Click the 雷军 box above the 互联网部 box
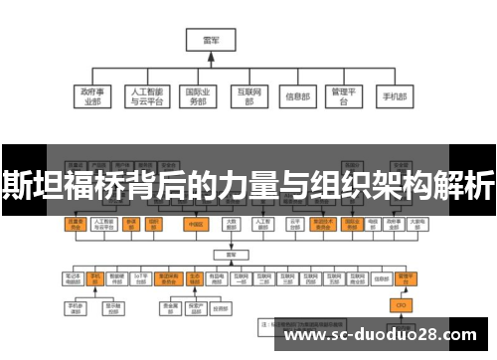pyautogui.click(x=210, y=41)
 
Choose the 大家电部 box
pyautogui.click(x=231, y=224)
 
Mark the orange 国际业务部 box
pyautogui.click(x=352, y=224)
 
